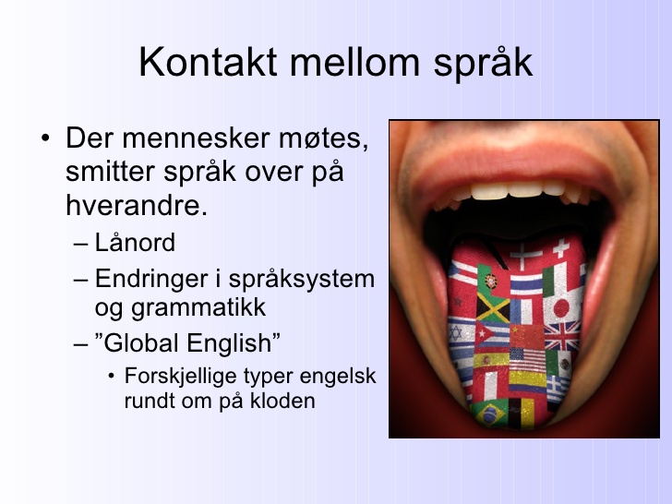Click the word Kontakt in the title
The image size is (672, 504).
pos(208,62)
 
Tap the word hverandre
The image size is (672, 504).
pos(137,205)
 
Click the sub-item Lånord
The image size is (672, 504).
pos(135,243)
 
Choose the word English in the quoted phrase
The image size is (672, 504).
pos(234,343)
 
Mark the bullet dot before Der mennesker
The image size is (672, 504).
pos(45,138)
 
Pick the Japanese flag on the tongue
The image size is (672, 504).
pos(562,307)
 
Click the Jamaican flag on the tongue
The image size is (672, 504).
pos(493,307)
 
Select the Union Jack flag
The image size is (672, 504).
pos(562,336)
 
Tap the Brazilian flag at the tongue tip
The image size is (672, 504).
pos(489,413)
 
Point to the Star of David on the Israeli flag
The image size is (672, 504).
pos(456,333)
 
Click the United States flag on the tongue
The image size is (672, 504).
pos(527,360)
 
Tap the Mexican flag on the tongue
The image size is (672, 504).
pos(558,364)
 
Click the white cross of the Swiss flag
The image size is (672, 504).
pos(560,248)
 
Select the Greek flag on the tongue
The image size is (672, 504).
pos(559,390)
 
